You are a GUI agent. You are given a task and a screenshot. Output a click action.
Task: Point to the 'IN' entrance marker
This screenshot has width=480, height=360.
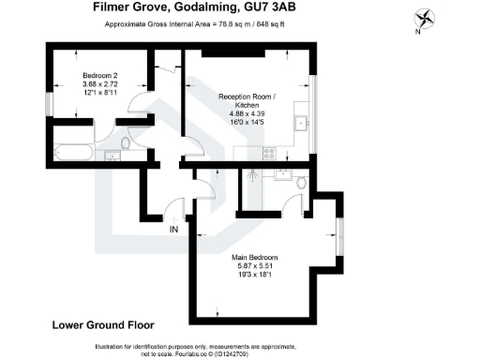coord(173,229)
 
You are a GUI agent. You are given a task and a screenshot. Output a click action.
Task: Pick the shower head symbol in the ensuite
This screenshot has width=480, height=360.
coord(253,174)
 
